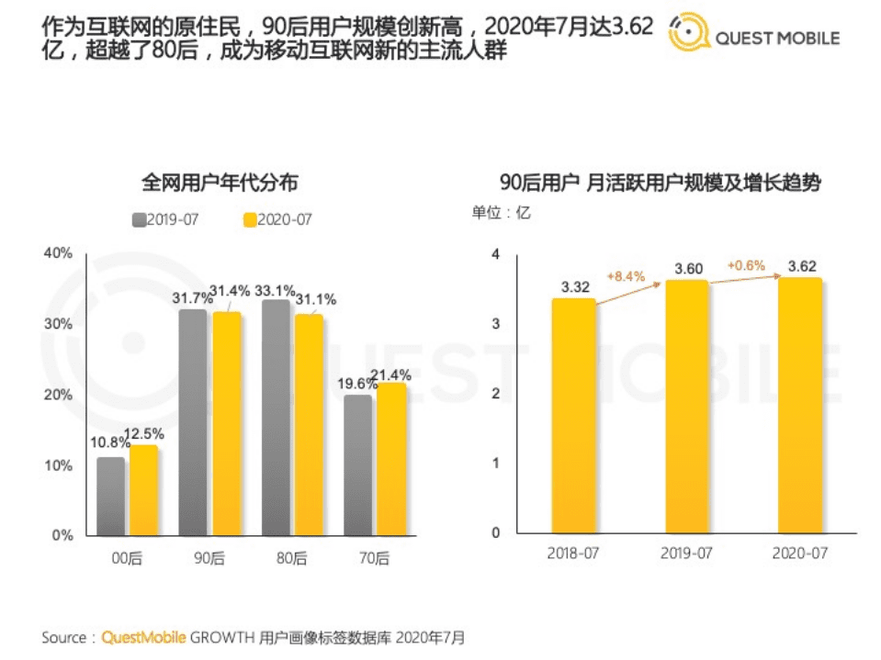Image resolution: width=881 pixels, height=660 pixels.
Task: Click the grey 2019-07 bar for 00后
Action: coord(110,496)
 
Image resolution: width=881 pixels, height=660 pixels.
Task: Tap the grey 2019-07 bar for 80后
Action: coord(276,418)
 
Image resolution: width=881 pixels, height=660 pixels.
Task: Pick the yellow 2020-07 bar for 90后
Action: coord(226,423)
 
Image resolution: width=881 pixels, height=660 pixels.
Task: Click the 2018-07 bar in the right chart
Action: coord(573,416)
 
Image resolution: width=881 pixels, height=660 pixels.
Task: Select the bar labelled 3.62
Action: coord(799,406)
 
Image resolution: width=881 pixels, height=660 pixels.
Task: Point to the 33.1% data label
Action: coord(277,291)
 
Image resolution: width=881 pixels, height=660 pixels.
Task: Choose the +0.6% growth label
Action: coord(745,265)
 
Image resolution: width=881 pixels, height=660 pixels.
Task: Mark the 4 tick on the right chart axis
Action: coord(495,254)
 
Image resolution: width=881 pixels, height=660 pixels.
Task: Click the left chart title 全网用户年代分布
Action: coord(219,183)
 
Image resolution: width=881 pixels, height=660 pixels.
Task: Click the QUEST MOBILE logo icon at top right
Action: coord(688,32)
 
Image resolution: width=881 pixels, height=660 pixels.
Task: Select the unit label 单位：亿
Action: coord(501,212)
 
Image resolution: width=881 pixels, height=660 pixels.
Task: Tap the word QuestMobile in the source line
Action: coord(143,636)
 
